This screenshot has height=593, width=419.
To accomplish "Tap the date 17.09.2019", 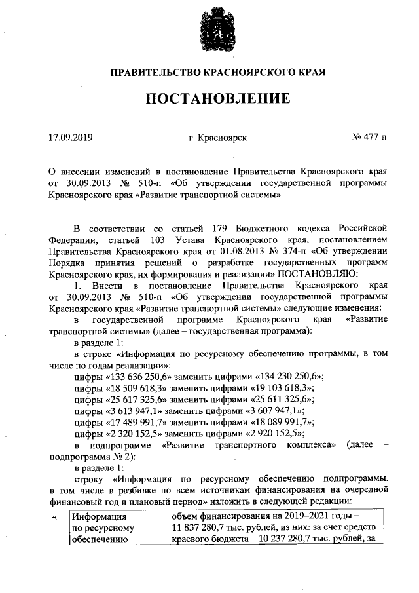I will [71, 138].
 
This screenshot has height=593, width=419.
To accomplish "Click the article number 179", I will [225, 228].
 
